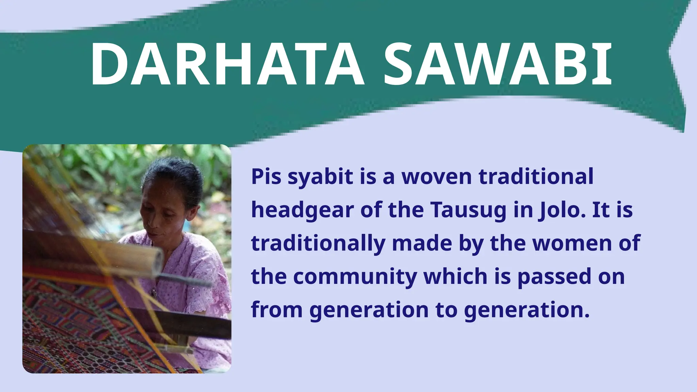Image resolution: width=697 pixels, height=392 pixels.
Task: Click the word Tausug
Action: point(468,210)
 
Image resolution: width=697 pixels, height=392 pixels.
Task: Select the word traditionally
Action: point(318,244)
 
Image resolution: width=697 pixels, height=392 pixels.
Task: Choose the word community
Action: point(355,277)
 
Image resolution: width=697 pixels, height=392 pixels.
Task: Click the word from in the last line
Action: point(277,310)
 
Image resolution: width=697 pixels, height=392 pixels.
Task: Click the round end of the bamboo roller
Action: point(158,262)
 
